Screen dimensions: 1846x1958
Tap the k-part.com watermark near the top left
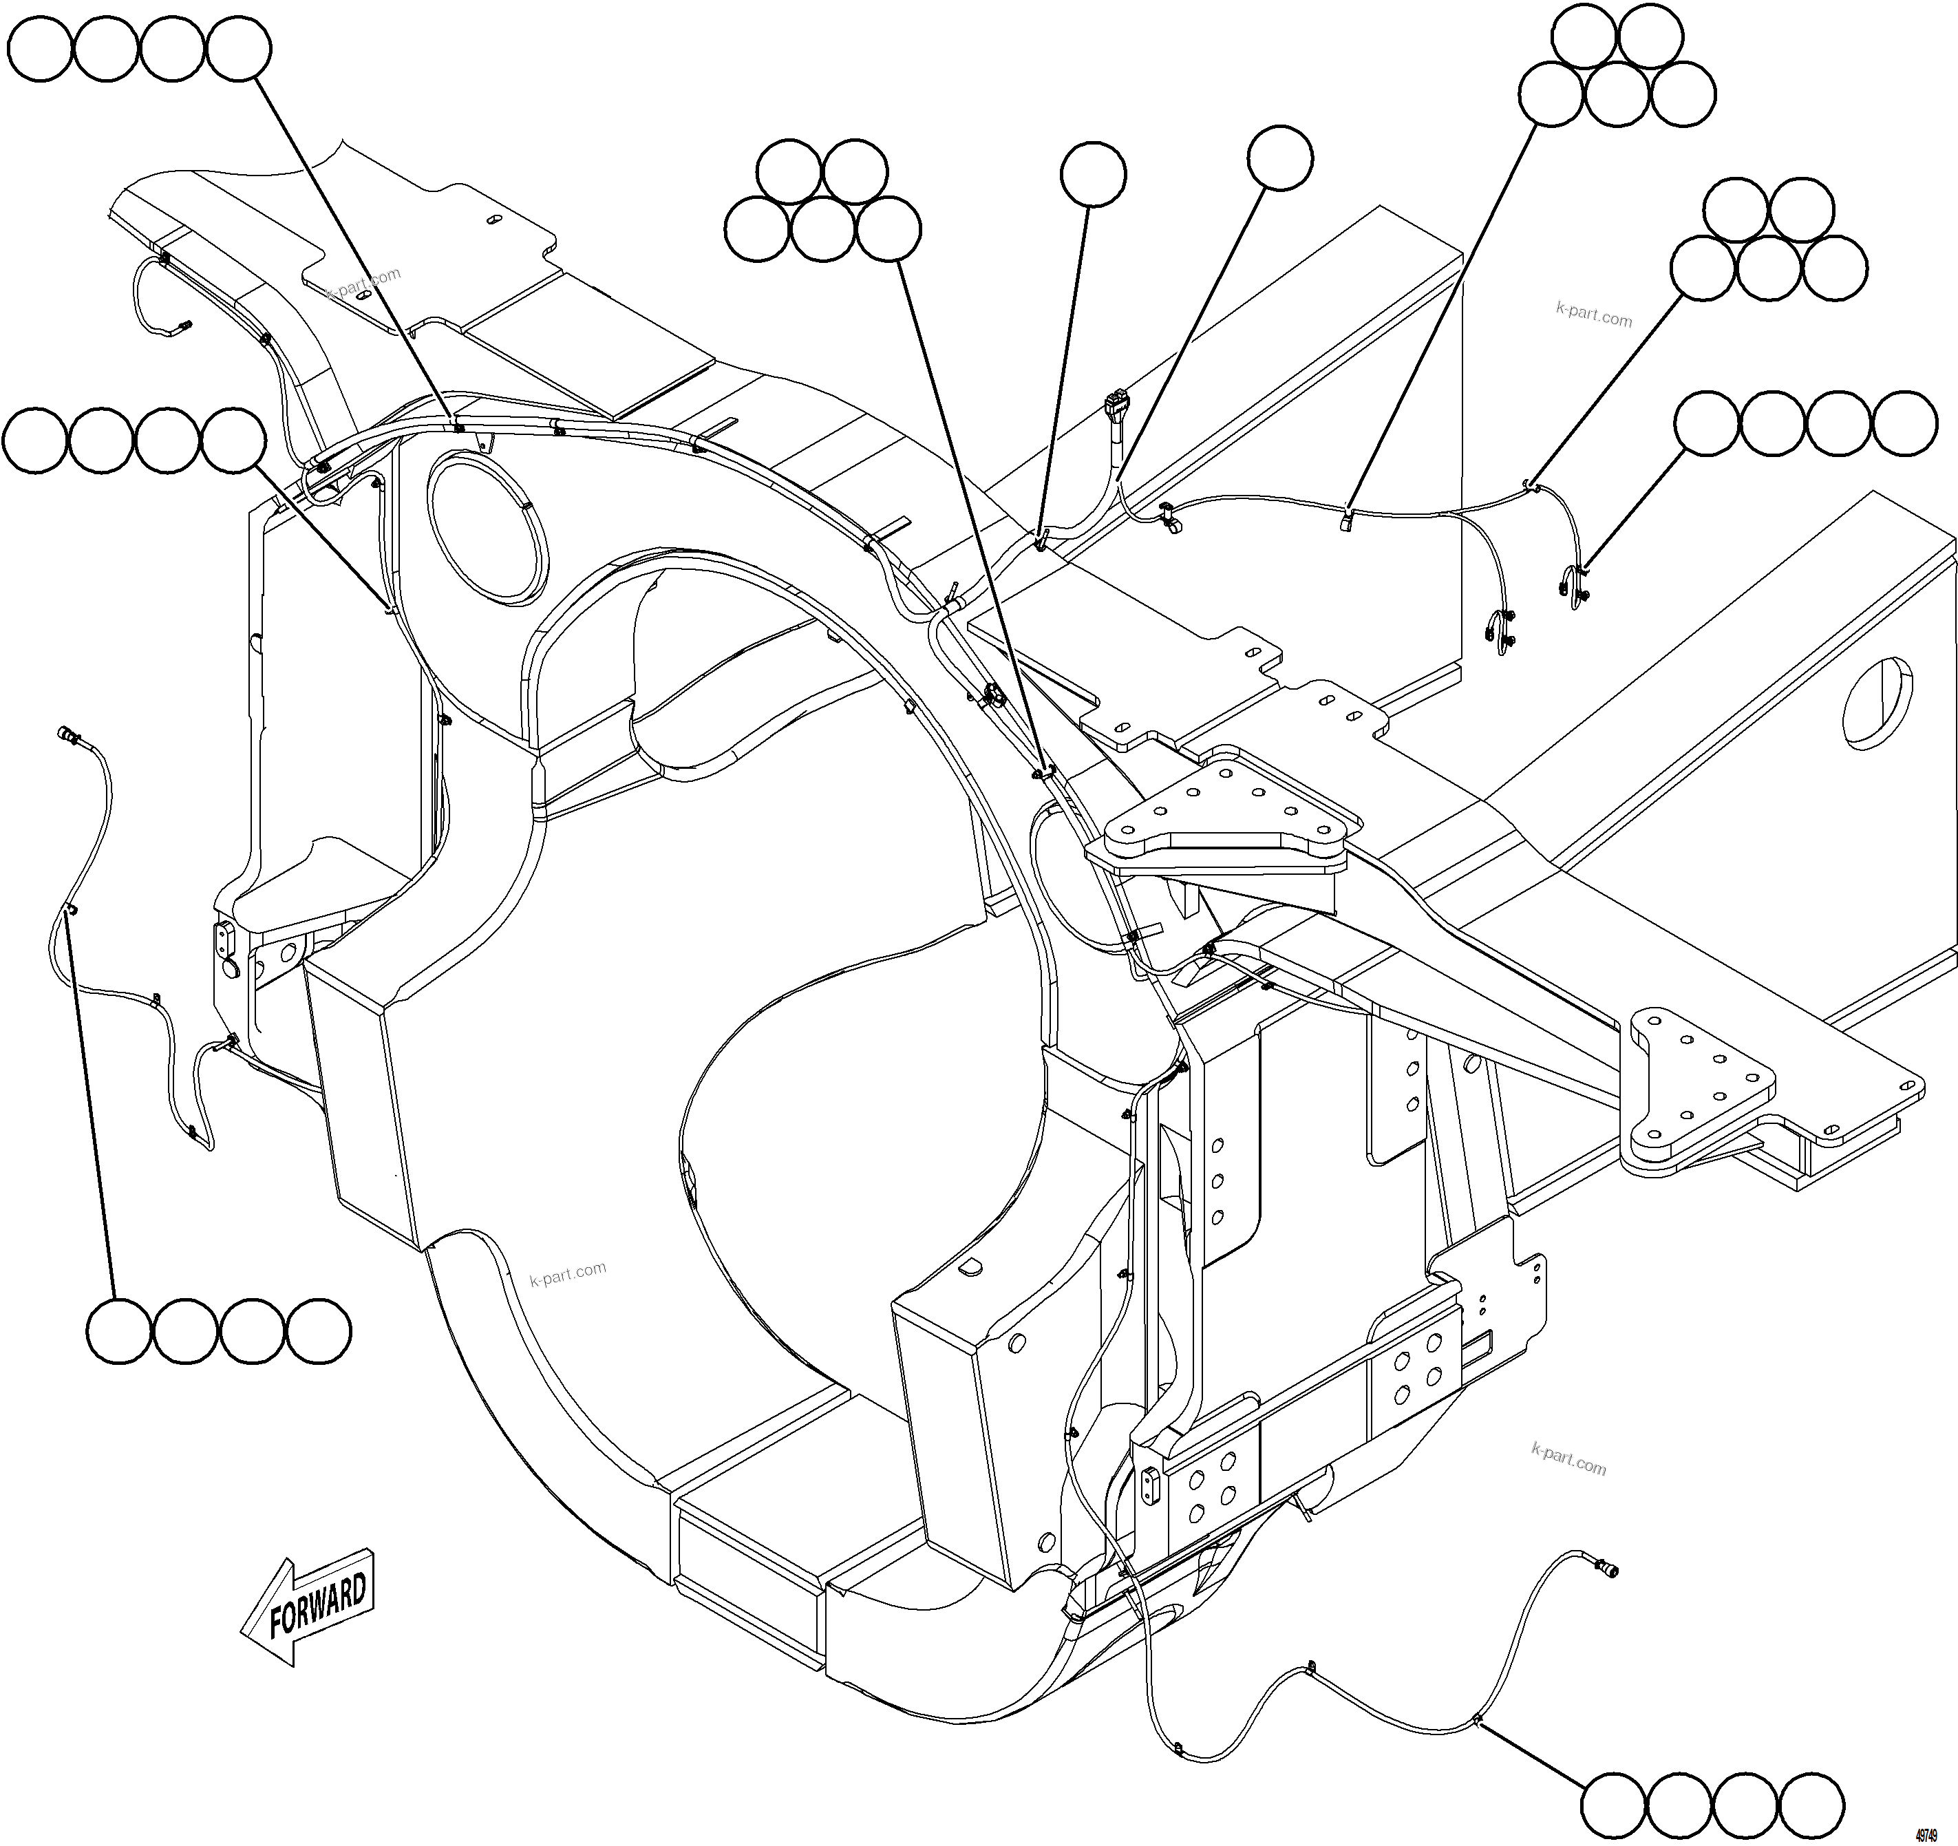tap(365, 283)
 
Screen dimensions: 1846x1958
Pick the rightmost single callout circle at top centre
tap(1279, 158)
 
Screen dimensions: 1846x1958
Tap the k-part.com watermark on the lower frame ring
tap(568, 1275)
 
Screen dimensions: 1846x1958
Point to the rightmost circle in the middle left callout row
tap(233, 438)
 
